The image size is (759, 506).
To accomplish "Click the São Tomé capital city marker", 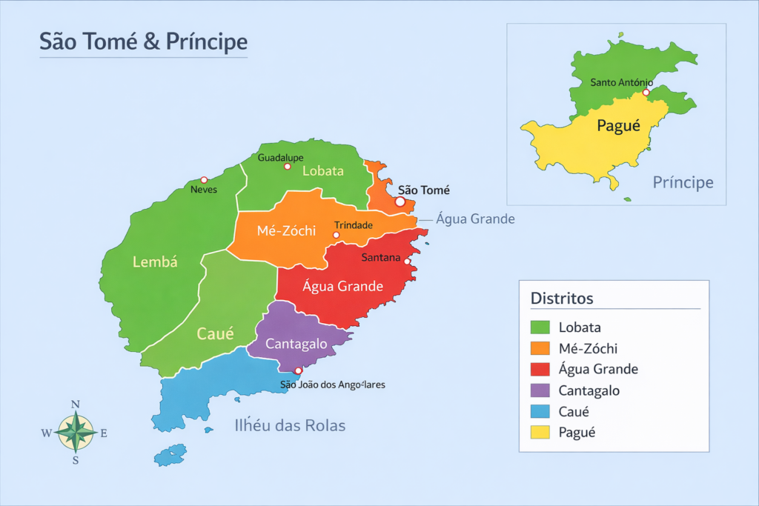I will click(x=400, y=201).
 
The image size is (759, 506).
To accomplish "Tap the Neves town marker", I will click(x=205, y=180).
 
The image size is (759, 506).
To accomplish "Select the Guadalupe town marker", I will click(x=288, y=167).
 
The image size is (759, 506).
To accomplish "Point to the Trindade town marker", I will click(x=337, y=235).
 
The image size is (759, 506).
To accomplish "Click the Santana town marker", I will click(x=407, y=261).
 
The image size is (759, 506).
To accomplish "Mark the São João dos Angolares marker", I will click(x=299, y=370).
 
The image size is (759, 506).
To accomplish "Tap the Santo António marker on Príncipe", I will click(x=646, y=93).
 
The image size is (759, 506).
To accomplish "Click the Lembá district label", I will click(x=155, y=261).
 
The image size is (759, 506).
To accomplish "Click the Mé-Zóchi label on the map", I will click(x=287, y=230).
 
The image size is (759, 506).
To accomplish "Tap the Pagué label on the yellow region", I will click(x=618, y=126).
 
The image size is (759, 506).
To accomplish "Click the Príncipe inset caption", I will click(x=683, y=182).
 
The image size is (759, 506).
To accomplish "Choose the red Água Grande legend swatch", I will click(x=540, y=369).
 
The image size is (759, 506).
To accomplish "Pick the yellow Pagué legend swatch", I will click(x=540, y=432).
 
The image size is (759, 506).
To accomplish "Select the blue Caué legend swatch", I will click(x=540, y=411).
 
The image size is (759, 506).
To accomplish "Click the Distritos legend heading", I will click(x=562, y=299).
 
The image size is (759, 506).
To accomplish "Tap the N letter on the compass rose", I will click(x=75, y=405).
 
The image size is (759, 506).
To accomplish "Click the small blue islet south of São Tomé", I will click(x=170, y=454).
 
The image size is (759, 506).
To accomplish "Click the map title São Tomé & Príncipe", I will click(x=143, y=41).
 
